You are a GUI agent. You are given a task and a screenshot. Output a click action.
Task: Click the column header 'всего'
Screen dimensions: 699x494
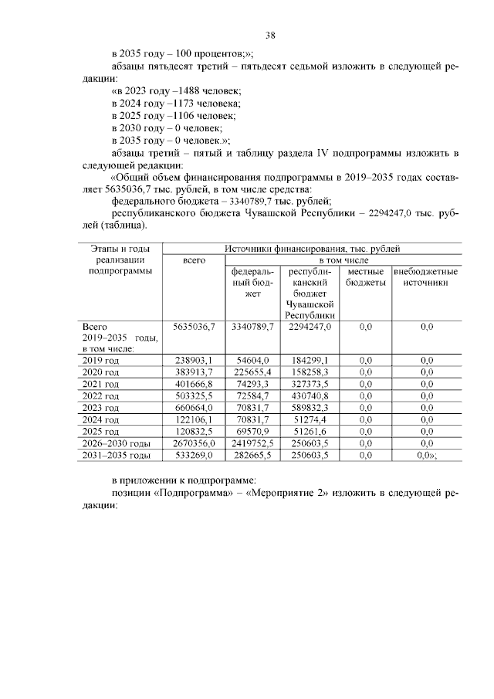tap(193, 261)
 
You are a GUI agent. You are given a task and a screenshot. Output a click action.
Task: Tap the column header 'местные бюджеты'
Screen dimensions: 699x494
tap(365, 278)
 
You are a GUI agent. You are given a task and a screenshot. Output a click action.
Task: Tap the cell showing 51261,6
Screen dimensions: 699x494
tap(311, 431)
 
